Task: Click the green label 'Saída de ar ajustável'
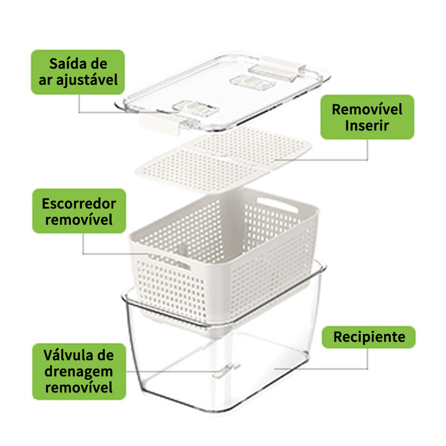(77, 72)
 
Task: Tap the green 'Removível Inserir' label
(367, 117)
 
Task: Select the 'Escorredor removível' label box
(79, 211)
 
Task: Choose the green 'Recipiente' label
(369, 337)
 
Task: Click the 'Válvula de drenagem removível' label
(79, 371)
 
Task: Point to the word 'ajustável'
(87, 80)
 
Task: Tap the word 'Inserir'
(367, 125)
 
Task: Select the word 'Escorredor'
(79, 203)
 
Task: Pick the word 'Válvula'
(66, 355)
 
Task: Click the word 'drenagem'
(79, 372)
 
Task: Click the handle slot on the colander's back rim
(277, 205)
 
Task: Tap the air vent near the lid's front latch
(195, 108)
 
